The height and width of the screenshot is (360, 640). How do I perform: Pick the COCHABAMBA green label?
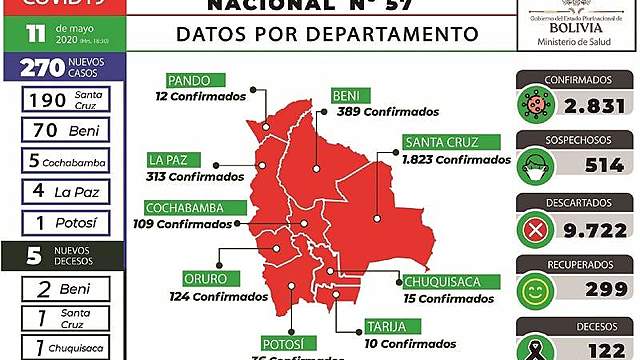coord(195,207)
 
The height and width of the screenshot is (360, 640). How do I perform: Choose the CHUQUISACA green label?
coord(441,281)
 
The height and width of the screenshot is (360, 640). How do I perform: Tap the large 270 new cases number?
coord(34,69)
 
